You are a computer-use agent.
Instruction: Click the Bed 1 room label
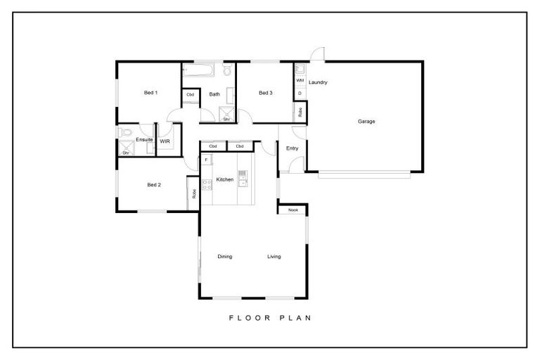click(x=150, y=93)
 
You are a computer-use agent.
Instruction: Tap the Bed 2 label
click(x=154, y=185)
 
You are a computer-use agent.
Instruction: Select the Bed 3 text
click(x=265, y=93)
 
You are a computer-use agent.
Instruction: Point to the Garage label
click(x=366, y=121)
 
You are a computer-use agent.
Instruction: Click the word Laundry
click(x=318, y=82)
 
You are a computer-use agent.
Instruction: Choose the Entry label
click(x=292, y=148)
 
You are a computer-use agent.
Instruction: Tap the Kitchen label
click(x=224, y=180)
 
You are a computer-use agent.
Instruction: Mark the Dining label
click(x=224, y=257)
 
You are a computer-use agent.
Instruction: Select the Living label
click(x=274, y=257)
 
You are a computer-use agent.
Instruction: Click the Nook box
click(x=292, y=210)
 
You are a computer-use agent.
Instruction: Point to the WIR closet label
click(x=165, y=141)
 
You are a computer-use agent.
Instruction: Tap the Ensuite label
click(x=144, y=139)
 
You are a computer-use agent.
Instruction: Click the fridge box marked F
click(x=206, y=160)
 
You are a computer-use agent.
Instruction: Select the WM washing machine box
click(x=300, y=81)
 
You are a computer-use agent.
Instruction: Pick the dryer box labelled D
click(x=300, y=93)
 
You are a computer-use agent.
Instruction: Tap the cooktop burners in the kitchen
click(x=207, y=186)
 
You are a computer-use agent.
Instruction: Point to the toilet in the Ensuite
click(x=124, y=132)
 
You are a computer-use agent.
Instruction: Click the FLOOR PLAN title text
click(x=270, y=318)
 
